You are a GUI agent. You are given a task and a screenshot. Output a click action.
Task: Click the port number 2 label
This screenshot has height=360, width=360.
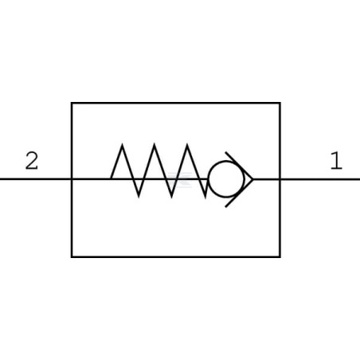(x=32, y=161)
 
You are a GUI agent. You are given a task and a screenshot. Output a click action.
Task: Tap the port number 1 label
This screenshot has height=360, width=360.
(x=336, y=161)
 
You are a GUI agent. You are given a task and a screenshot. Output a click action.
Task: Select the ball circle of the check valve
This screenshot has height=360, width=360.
(x=226, y=179)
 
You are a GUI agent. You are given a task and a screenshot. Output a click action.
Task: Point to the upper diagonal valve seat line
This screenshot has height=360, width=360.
(x=239, y=166)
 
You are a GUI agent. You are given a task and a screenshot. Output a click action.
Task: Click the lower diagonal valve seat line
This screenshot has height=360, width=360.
(x=239, y=194)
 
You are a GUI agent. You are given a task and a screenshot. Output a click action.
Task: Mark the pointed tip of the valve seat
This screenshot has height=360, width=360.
(x=252, y=179)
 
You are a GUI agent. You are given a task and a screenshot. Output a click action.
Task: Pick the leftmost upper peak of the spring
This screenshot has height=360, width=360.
(x=122, y=144)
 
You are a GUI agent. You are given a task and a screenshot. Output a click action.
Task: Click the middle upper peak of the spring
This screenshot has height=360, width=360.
(x=155, y=144)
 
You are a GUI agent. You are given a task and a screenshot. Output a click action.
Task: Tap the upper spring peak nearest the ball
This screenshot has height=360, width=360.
(x=187, y=144)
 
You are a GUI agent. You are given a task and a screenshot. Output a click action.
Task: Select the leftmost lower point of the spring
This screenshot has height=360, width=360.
(x=139, y=197)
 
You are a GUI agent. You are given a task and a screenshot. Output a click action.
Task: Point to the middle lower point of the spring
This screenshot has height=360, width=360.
(x=171, y=197)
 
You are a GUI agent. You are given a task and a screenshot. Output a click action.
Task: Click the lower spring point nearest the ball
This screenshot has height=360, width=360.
(x=205, y=198)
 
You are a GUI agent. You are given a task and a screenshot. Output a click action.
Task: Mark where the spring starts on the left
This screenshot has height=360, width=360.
(x=111, y=179)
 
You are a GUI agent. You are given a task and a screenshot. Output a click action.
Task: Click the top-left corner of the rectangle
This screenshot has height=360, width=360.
(x=72, y=103)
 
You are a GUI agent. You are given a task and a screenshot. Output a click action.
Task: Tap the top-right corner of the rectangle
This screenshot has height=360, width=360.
(x=280, y=103)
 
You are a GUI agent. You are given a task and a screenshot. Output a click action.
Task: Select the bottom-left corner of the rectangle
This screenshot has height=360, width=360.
(x=72, y=256)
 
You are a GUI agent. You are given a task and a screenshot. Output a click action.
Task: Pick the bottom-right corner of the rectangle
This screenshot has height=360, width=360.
(x=280, y=256)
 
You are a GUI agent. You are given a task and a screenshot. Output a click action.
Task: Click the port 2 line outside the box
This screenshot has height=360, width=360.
(x=35, y=179)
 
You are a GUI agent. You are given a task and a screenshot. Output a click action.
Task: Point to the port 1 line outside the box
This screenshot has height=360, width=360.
(x=320, y=179)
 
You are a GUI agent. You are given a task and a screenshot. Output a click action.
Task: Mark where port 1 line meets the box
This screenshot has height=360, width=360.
(x=280, y=179)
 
